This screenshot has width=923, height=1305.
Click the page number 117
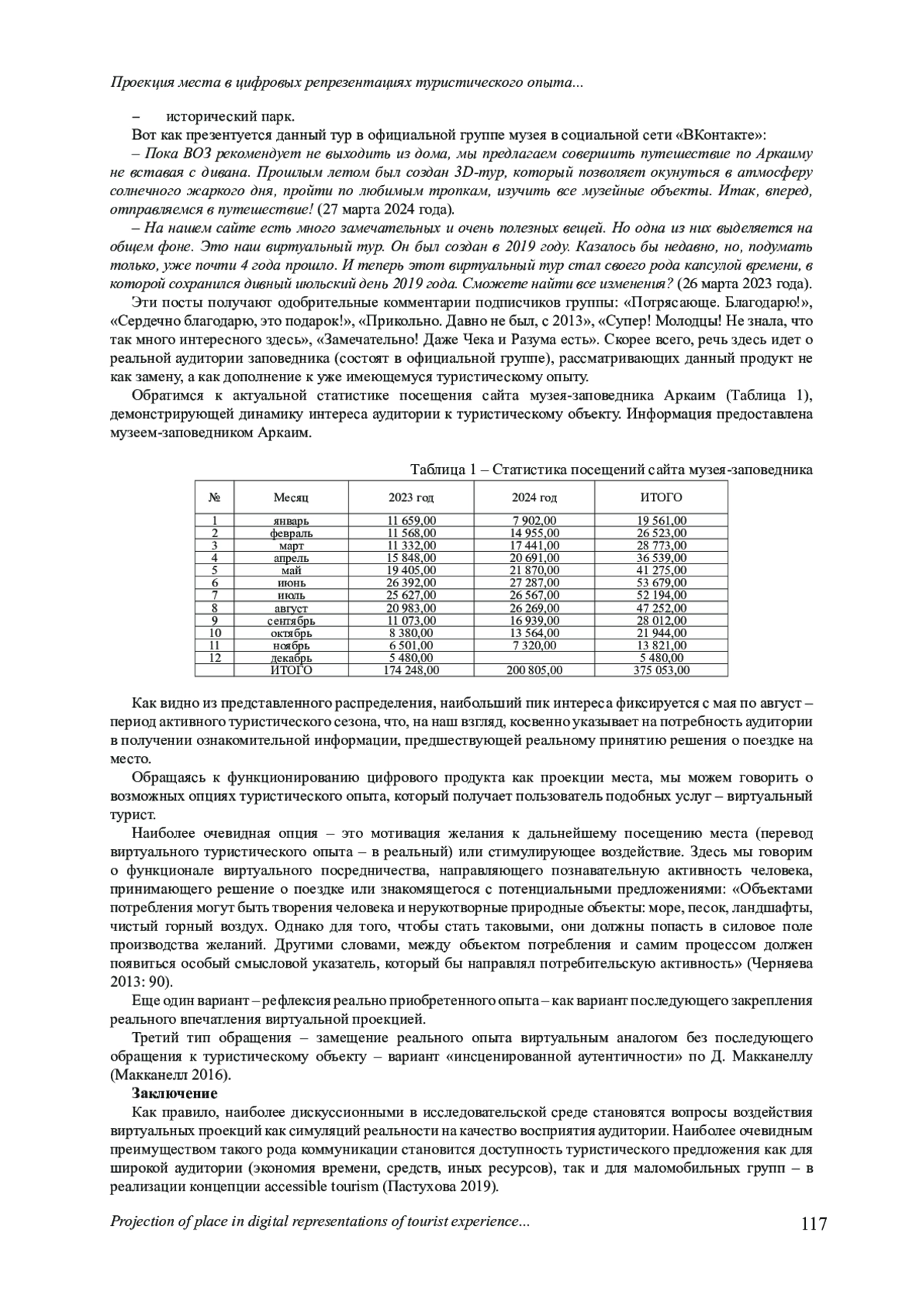click(813, 1224)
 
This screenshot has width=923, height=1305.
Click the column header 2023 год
click(411, 498)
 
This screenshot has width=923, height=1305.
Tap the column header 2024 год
click(535, 498)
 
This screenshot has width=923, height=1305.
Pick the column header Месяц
click(291, 498)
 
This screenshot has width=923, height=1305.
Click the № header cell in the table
click(215, 498)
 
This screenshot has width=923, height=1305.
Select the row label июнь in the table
click(291, 583)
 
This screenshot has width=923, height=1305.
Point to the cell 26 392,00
click(411, 583)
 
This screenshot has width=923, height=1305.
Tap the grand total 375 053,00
click(661, 670)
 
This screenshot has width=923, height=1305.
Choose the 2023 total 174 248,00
click(411, 670)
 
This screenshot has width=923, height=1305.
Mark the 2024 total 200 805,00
click(535, 670)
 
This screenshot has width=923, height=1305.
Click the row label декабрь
click(291, 659)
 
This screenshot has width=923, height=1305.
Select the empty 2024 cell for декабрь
click(535, 658)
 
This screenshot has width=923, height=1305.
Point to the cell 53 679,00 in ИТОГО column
click(661, 583)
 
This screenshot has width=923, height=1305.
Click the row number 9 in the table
click(215, 620)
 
